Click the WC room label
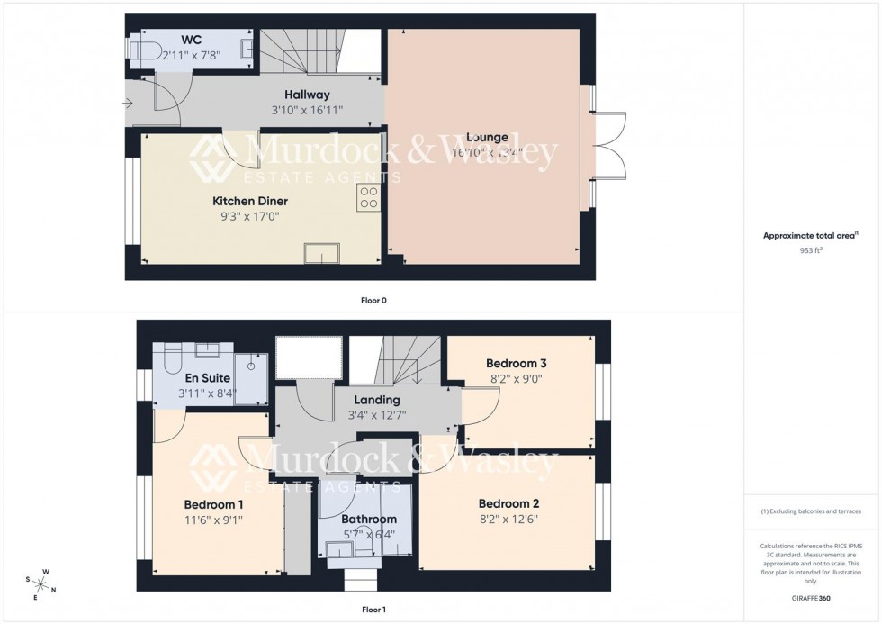click(x=190, y=41)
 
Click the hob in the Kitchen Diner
click(x=368, y=197)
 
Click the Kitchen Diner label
click(x=250, y=201)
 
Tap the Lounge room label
click(x=487, y=138)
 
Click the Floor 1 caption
click(x=373, y=610)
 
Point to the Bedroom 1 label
click(x=213, y=504)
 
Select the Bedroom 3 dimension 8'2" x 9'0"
click(x=516, y=379)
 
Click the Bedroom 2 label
click(x=508, y=503)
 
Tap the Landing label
click(x=376, y=400)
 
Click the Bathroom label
click(x=368, y=520)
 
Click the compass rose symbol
click(x=41, y=583)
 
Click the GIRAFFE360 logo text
click(x=811, y=597)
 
